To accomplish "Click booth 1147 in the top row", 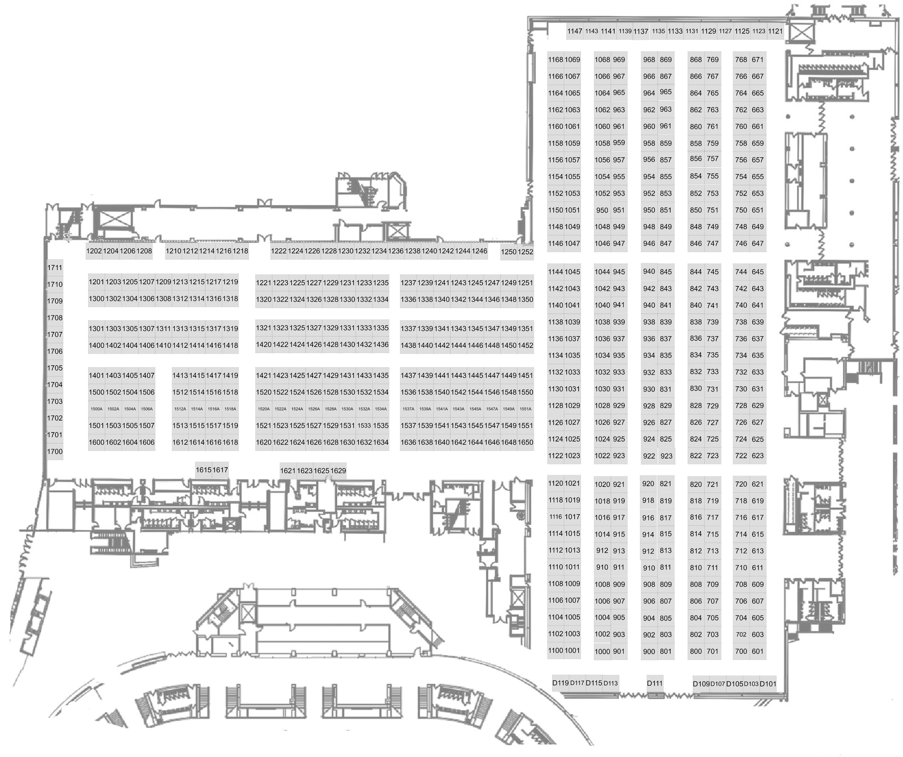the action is (574, 31).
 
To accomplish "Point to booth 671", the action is (757, 60).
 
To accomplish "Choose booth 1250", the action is (508, 252).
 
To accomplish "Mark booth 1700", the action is (55, 452).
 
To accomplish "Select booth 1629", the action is (338, 471).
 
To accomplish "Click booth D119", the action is (560, 683).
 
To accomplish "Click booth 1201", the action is (96, 282).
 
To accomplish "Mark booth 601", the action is (757, 651).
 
